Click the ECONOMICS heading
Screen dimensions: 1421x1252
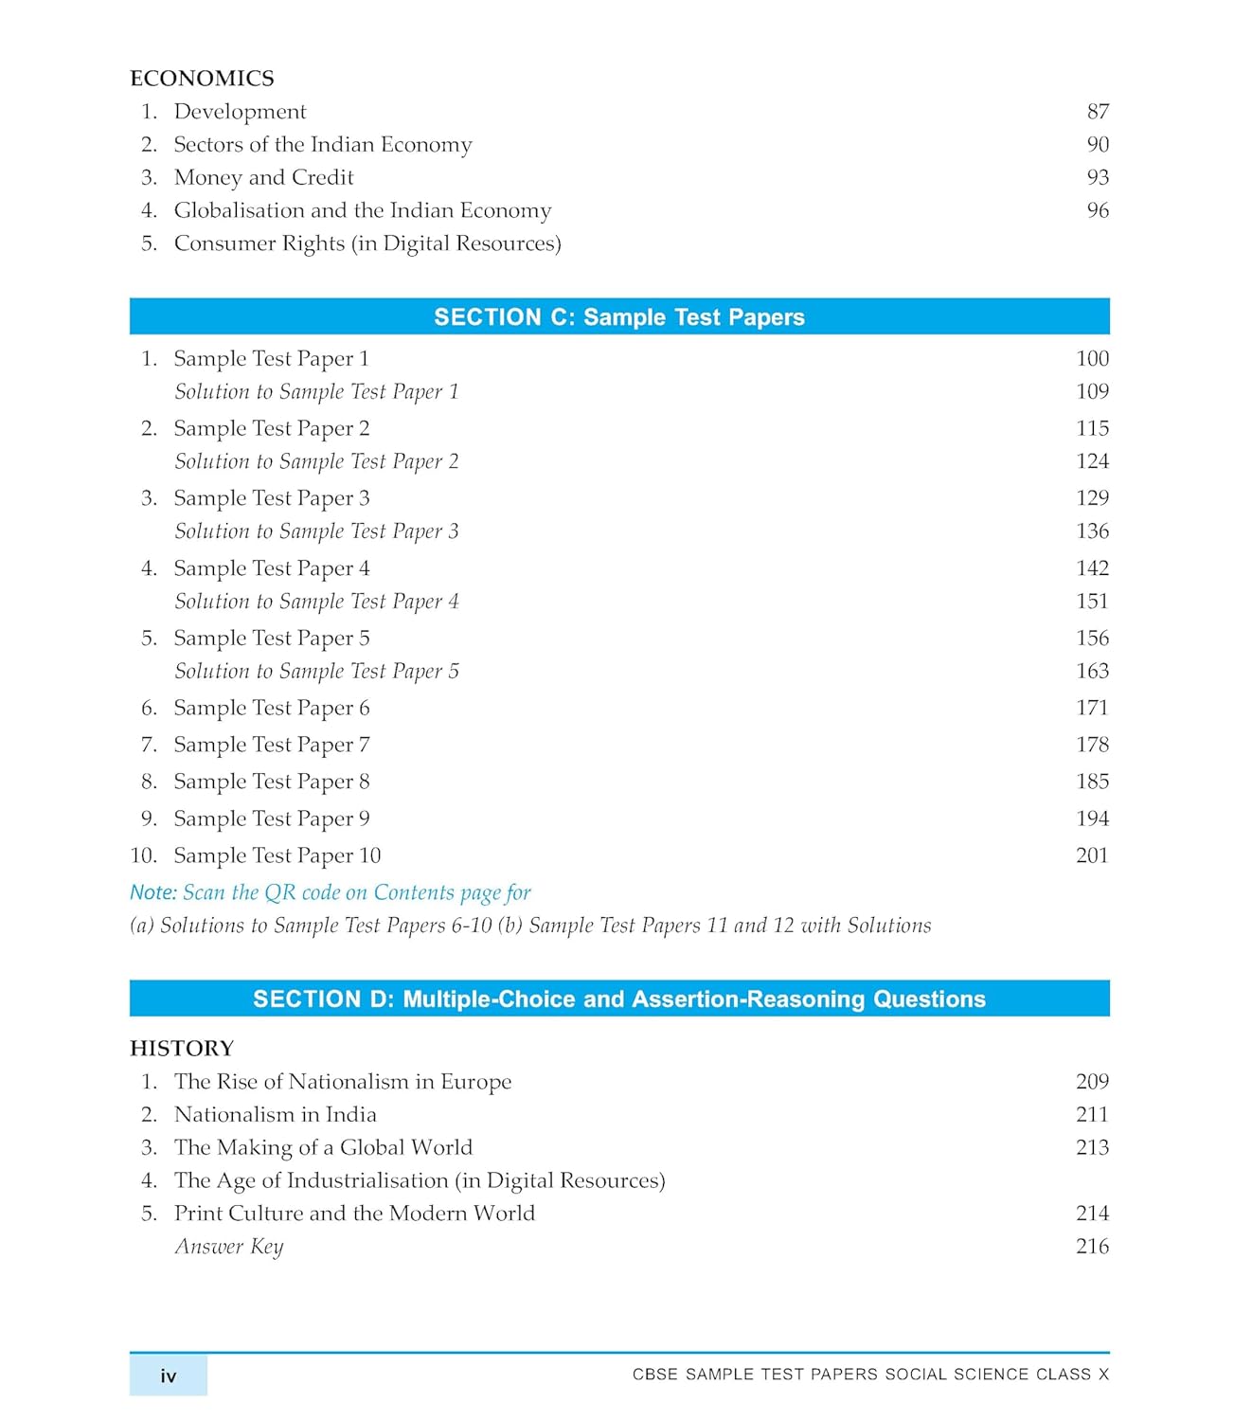[x=202, y=78]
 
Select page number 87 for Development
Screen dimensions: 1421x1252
[x=1098, y=112]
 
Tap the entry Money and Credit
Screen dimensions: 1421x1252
[x=263, y=178]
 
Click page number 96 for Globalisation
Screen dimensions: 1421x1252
[x=1098, y=210]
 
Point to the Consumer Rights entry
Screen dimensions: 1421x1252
[x=367, y=243]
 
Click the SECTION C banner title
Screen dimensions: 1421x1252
[x=618, y=317]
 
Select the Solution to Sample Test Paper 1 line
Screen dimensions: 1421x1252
[x=316, y=392]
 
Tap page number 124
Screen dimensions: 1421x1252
[x=1092, y=461]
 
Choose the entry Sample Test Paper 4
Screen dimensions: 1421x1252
[x=271, y=568]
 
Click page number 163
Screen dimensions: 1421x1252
[x=1092, y=672]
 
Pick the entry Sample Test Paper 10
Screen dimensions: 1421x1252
[x=277, y=855]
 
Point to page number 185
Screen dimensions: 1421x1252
[x=1092, y=782]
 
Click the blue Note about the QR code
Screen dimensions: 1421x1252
[x=330, y=892]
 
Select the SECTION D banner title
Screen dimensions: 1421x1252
[x=618, y=999]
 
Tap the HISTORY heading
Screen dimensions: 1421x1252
[x=182, y=1049]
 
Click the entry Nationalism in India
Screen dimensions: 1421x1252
[x=275, y=1115]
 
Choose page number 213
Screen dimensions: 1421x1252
[x=1092, y=1148]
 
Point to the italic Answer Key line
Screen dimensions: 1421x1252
[x=228, y=1247]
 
